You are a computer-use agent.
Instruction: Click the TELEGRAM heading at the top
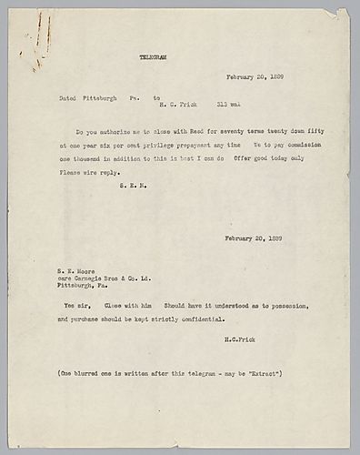coord(157,56)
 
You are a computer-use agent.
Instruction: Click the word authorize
coord(118,132)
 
